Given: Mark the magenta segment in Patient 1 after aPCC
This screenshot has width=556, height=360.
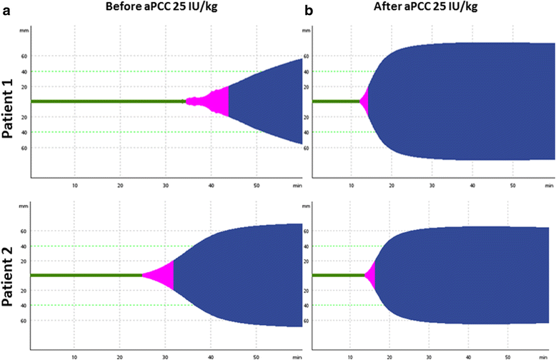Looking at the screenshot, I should coord(365,101).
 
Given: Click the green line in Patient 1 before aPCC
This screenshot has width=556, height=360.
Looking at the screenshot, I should coord(107,101).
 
